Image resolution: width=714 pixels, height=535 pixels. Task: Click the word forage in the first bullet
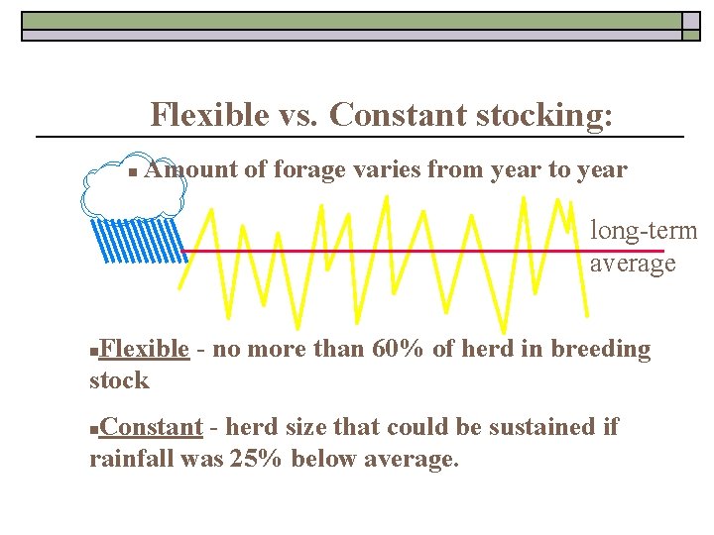pos(304,169)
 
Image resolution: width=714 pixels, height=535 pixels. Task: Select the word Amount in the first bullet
pos(190,169)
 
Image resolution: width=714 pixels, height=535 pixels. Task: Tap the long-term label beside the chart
pos(644,231)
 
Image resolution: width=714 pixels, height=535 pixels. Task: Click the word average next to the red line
pos(632,263)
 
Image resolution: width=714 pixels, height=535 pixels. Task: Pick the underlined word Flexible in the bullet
pos(145,349)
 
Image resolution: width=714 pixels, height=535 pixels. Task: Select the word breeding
pos(600,349)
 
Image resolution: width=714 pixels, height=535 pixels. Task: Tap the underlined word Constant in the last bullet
pos(152,427)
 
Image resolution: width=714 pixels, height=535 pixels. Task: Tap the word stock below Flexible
pos(119,379)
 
